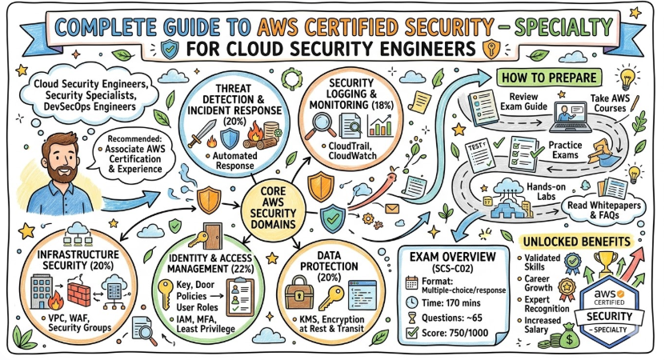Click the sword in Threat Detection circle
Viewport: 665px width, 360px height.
point(198,132)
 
